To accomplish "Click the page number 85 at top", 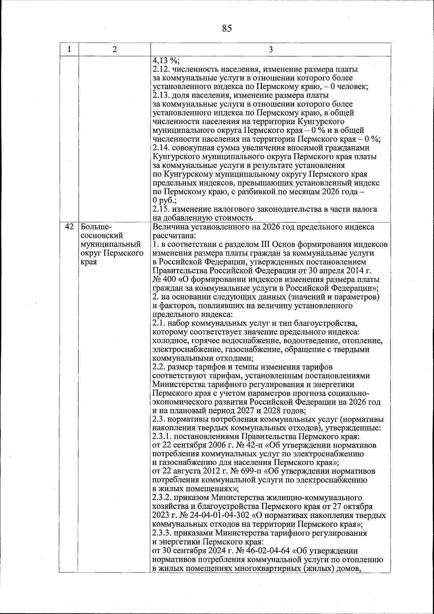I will (227, 28).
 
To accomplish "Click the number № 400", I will (162, 279).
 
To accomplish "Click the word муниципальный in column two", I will (111, 245).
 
